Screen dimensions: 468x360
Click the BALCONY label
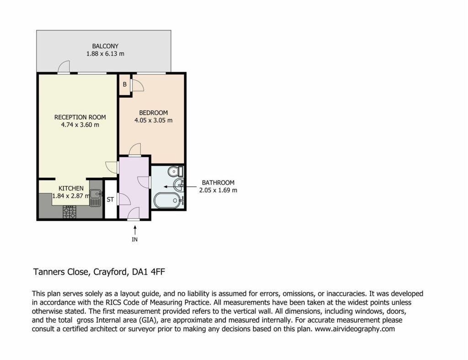(105, 46)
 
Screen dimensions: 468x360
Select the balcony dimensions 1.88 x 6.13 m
(105, 54)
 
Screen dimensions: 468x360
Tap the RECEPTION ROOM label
(80, 117)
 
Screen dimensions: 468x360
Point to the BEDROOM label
(154, 113)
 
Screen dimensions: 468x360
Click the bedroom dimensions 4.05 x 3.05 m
(154, 121)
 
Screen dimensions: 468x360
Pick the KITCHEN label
(71, 189)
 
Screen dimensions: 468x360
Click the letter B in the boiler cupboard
(125, 85)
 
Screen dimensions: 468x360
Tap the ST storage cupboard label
(110, 200)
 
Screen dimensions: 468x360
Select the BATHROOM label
(218, 183)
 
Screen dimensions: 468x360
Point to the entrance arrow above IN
(135, 230)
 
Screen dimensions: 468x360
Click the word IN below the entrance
(135, 239)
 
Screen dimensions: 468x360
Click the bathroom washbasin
(179, 185)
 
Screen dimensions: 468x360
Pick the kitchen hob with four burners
(69, 212)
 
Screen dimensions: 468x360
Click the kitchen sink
(96, 198)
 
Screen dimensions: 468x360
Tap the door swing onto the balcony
(64, 67)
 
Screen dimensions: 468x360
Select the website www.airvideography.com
(355, 329)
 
